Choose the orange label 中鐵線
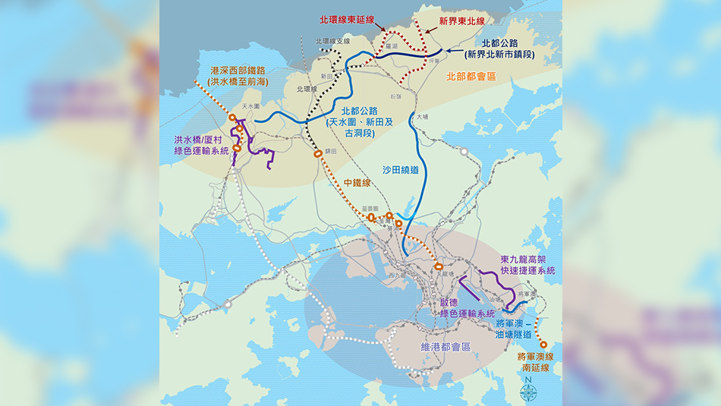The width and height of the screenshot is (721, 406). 357,182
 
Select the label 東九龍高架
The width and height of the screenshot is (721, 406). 527,260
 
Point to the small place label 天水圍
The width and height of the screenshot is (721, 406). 250,107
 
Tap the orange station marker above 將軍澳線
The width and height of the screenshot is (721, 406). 543,345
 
